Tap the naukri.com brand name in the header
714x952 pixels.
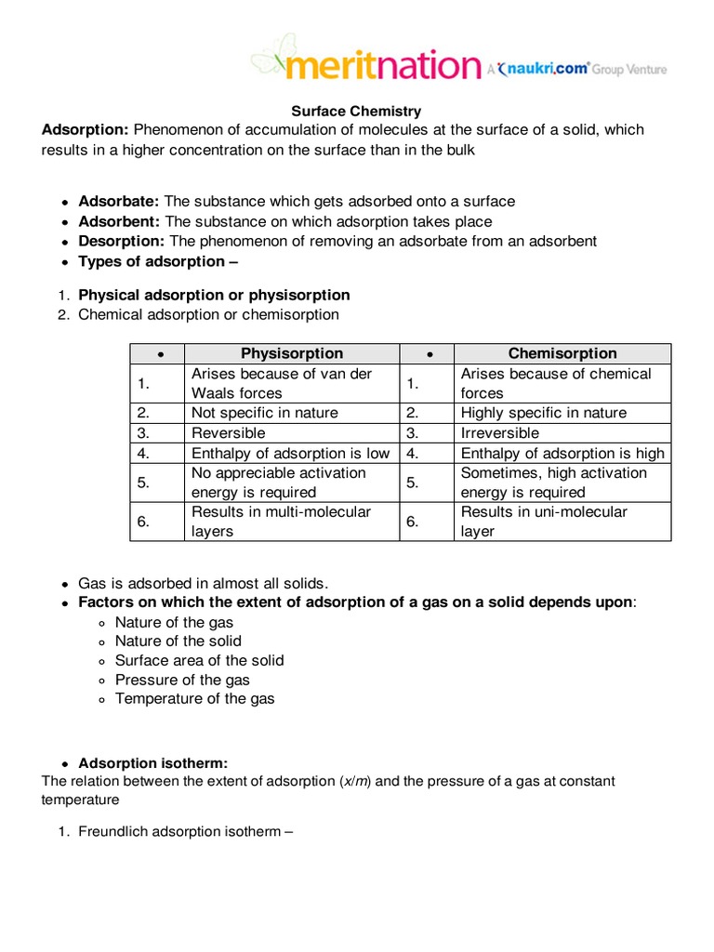pos(549,67)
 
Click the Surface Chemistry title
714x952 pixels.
pos(358,112)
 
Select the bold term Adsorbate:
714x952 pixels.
pos(119,202)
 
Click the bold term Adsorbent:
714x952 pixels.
pos(119,221)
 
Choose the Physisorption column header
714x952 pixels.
pos(292,353)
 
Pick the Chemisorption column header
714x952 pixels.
pos(562,353)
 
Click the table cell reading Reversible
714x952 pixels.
pos(229,433)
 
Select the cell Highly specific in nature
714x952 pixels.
pos(544,413)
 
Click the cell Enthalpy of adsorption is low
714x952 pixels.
pos(290,454)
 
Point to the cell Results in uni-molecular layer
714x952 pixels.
pos(544,522)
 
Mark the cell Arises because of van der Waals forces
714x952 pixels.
pos(282,383)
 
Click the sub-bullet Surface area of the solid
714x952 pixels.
pos(199,660)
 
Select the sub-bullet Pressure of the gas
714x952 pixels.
pos(182,680)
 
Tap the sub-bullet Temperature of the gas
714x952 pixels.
pos(194,698)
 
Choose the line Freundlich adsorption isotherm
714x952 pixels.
pos(185,831)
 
